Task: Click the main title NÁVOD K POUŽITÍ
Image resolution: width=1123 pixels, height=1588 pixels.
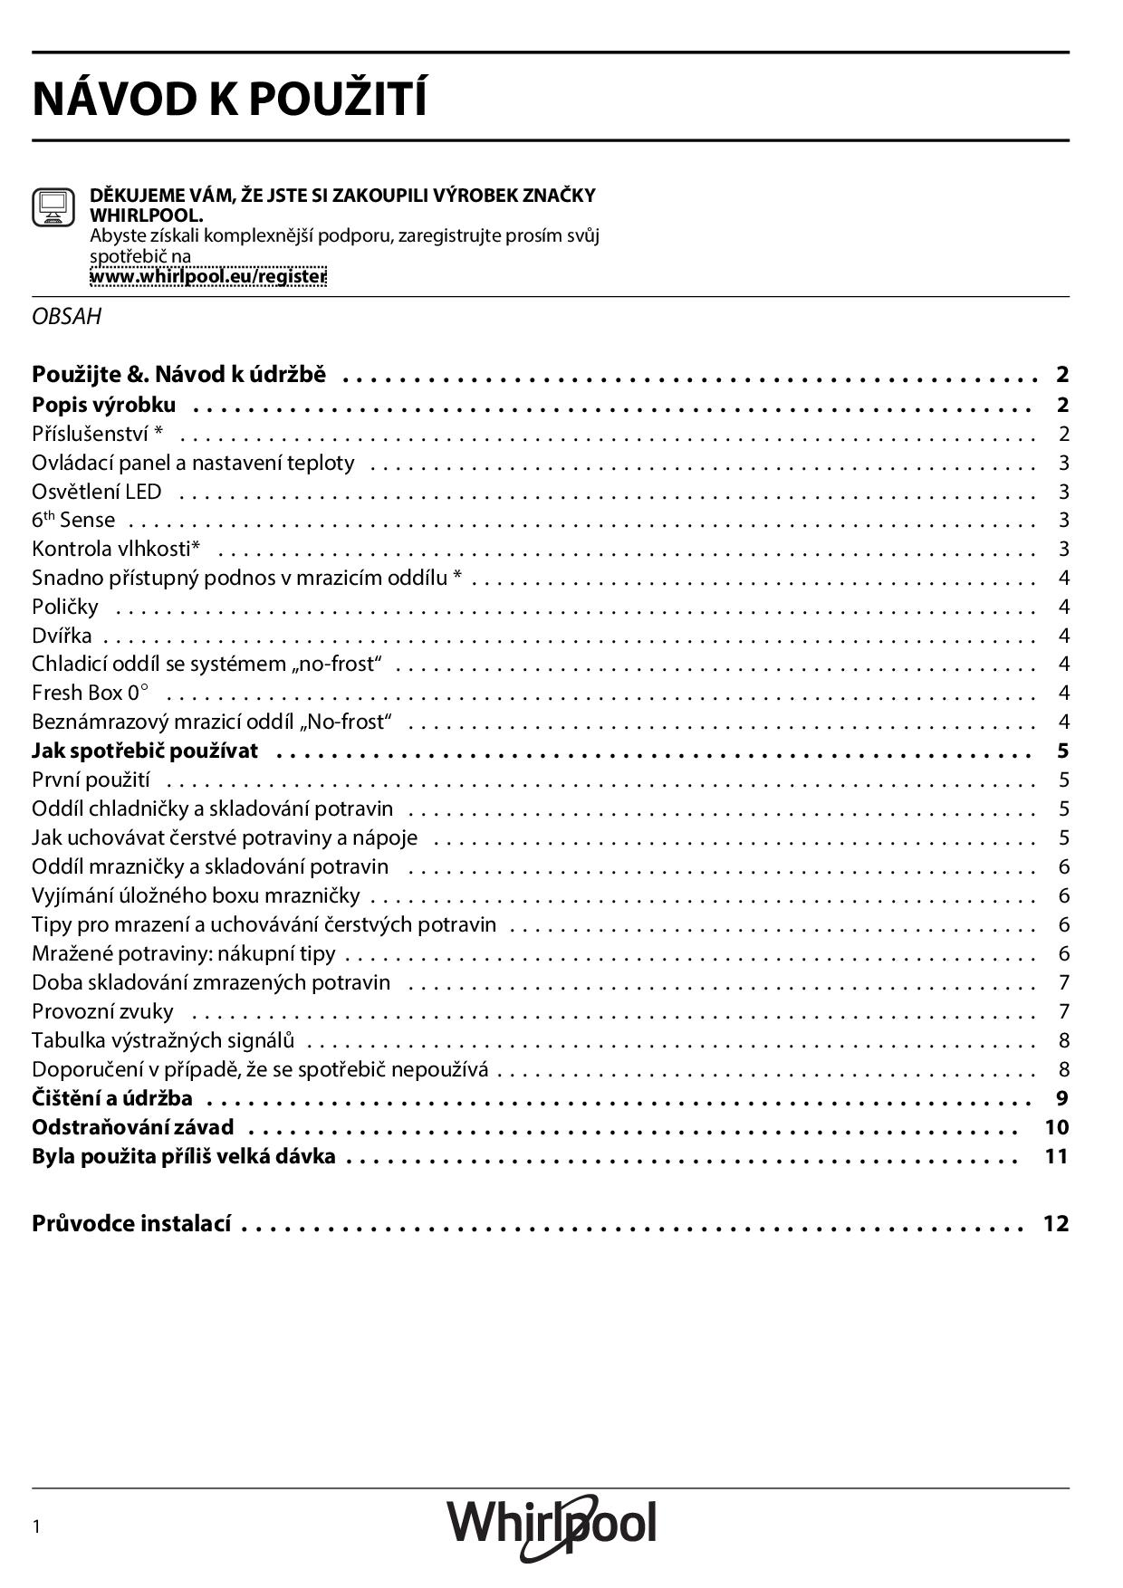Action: pyautogui.click(x=229, y=99)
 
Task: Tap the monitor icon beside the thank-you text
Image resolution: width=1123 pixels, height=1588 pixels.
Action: pyautogui.click(x=53, y=207)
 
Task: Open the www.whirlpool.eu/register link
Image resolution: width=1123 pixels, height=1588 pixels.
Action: pyautogui.click(x=207, y=276)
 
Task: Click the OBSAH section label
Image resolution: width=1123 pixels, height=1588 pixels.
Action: pyautogui.click(x=66, y=317)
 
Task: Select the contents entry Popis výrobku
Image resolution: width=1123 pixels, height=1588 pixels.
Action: pyautogui.click(x=104, y=404)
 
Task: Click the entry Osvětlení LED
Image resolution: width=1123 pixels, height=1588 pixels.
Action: pyautogui.click(x=97, y=492)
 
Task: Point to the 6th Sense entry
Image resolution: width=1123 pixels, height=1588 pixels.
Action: pyautogui.click(x=73, y=520)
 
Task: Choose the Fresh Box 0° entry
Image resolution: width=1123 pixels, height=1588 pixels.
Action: pyautogui.click(x=90, y=693)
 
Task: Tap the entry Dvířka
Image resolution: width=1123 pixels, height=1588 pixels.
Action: pyautogui.click(x=62, y=635)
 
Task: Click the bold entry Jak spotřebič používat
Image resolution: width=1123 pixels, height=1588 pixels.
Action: pyautogui.click(x=145, y=751)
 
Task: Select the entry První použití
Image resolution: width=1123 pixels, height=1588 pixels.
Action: pyautogui.click(x=91, y=780)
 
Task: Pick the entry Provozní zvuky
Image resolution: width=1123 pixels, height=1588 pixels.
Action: pyautogui.click(x=102, y=1011)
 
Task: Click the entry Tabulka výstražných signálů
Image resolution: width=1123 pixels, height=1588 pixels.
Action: pyautogui.click(x=163, y=1040)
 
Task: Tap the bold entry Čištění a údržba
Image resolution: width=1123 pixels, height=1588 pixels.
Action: pyautogui.click(x=112, y=1098)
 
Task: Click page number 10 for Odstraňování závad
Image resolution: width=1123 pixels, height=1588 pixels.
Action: pyautogui.click(x=1056, y=1127)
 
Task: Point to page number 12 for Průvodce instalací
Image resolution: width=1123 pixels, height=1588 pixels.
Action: pyautogui.click(x=1056, y=1223)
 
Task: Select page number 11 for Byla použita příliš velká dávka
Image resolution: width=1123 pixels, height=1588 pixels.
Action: pyautogui.click(x=1056, y=1156)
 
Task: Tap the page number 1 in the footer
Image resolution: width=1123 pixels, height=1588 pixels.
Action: pyautogui.click(x=36, y=1527)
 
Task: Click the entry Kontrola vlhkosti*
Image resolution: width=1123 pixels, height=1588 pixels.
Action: pyautogui.click(x=116, y=549)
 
